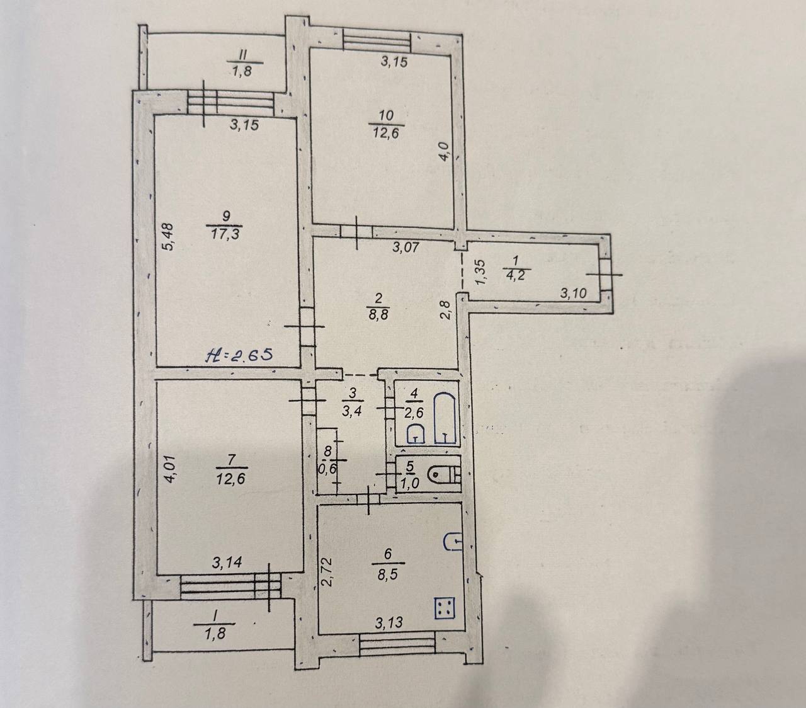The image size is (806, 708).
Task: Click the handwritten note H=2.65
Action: tap(239, 354)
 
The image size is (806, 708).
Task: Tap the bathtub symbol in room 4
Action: tap(445, 418)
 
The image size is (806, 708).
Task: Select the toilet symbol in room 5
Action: tap(444, 474)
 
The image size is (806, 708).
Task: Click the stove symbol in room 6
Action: tap(446, 608)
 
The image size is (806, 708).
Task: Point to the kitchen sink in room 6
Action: tap(453, 541)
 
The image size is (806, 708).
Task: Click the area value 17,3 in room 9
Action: tap(225, 234)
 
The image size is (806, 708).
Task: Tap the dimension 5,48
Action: tap(168, 236)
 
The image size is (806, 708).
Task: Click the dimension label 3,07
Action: tap(406, 247)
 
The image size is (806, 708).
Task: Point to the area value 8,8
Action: tap(378, 314)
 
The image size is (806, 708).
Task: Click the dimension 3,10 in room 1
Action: tap(573, 294)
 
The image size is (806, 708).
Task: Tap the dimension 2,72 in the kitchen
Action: tap(327, 571)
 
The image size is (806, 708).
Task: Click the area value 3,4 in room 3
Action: tap(351, 410)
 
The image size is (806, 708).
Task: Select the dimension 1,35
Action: tap(481, 272)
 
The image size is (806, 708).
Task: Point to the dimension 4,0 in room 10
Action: tap(445, 151)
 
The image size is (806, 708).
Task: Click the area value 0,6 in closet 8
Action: tap(327, 469)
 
